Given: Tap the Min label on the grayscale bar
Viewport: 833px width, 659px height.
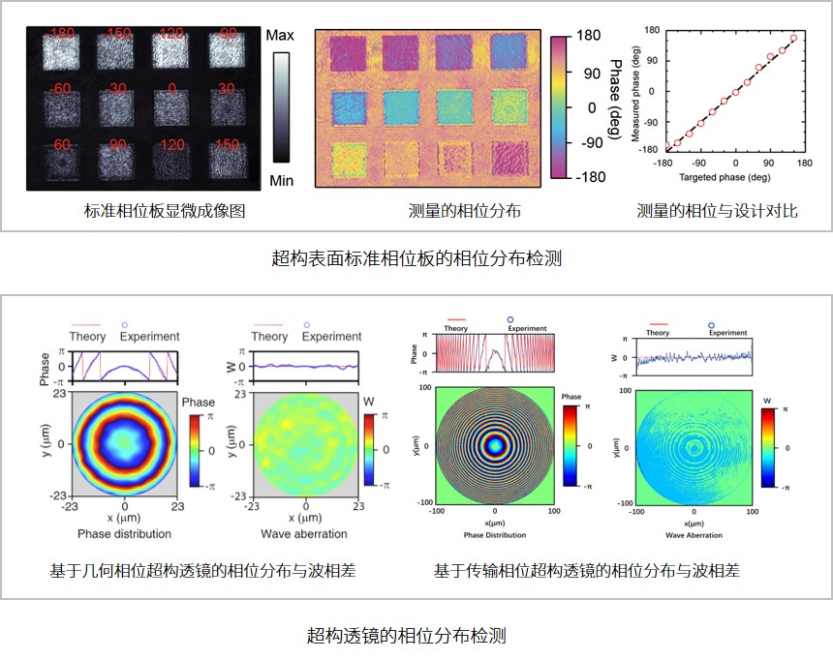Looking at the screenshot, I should (282, 179).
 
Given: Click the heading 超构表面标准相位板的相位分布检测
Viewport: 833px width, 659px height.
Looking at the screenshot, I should (416, 260).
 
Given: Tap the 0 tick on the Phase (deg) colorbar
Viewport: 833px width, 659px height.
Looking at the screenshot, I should (588, 107).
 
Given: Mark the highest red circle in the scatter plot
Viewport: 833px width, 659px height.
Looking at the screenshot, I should (793, 39).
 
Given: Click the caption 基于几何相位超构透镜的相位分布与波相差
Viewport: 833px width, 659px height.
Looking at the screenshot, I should (202, 571).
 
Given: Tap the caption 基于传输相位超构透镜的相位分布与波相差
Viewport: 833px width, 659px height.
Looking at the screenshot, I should (587, 571).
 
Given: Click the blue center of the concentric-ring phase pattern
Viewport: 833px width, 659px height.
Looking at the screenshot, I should (495, 445).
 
